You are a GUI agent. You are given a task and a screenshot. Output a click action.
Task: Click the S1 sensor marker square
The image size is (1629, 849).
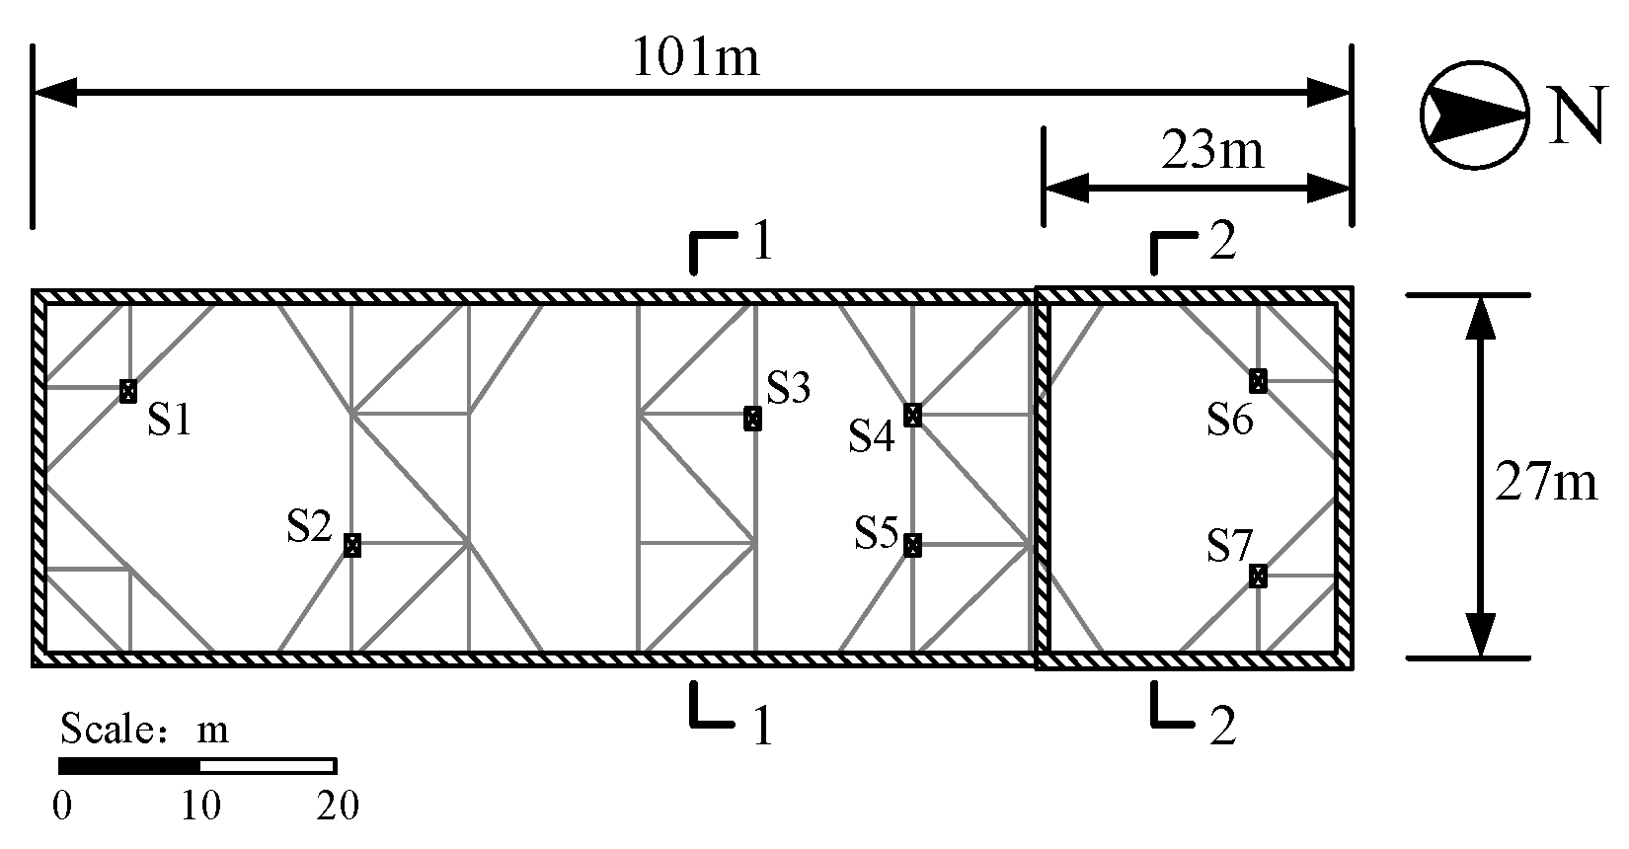tap(127, 391)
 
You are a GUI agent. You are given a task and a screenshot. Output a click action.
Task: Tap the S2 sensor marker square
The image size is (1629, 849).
tap(352, 545)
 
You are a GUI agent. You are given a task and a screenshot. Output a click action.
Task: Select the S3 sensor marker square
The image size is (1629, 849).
tap(753, 419)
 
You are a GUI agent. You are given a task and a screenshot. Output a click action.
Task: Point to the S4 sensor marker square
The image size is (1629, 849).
tap(913, 416)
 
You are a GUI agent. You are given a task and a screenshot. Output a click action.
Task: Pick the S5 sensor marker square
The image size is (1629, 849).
tap(913, 545)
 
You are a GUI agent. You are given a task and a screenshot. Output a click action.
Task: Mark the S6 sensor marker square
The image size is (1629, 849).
tap(1258, 380)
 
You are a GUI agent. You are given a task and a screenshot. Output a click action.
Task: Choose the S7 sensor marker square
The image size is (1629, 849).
tap(1258, 576)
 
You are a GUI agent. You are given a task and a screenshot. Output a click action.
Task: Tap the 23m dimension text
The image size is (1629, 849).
tap(1211, 152)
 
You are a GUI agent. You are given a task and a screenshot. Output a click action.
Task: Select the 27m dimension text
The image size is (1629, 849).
tap(1546, 484)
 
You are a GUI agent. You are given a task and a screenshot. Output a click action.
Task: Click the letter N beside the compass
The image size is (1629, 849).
tap(1574, 117)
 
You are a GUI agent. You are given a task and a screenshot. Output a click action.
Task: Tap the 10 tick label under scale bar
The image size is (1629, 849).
tap(200, 807)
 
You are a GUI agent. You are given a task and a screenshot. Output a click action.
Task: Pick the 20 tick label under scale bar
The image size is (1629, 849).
tap(337, 807)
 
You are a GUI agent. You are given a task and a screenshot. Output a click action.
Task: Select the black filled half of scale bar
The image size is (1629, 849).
tap(129, 766)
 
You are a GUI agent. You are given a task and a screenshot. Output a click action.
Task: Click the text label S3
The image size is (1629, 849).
tap(788, 390)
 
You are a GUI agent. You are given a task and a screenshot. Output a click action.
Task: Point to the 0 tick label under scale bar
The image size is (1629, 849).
tap(62, 807)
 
